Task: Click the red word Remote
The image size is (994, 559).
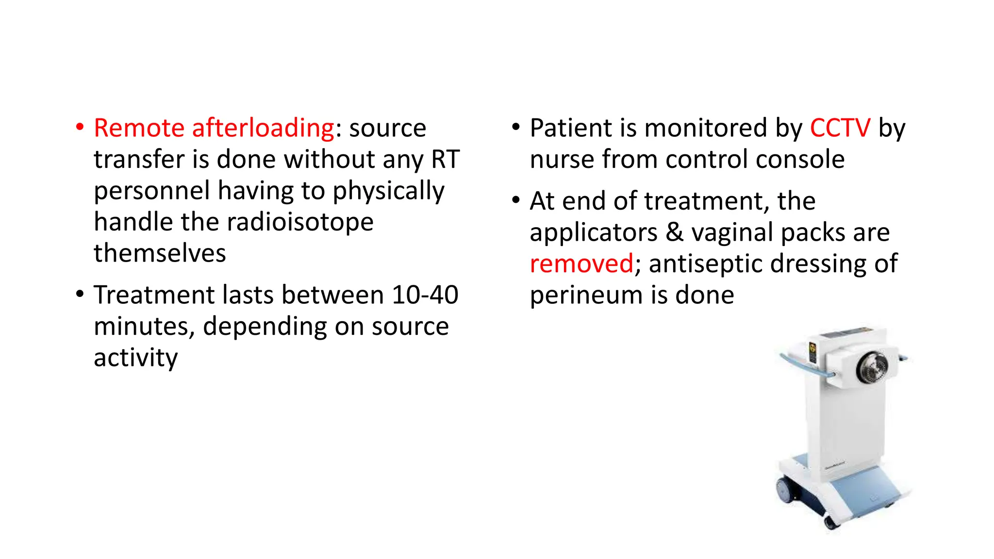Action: coord(139,128)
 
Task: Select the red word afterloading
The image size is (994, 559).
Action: coord(263,128)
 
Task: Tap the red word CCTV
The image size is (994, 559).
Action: coord(840,128)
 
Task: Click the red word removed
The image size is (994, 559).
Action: coord(581,264)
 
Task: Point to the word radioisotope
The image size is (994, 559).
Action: coord(300,222)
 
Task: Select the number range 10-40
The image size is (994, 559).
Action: coord(425,295)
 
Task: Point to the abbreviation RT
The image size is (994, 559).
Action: coord(446,160)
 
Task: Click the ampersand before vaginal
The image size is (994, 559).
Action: coord(674,232)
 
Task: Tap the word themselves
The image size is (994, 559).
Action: coord(160,253)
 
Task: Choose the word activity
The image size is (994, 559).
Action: coord(135,358)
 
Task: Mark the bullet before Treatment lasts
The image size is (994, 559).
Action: coord(80,295)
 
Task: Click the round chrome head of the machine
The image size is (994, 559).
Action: coord(872,367)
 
